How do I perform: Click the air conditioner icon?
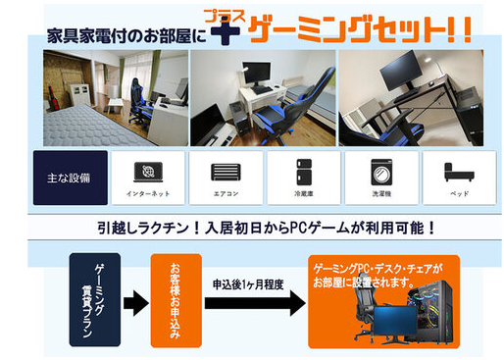[x=225, y=171]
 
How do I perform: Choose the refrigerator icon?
[x=303, y=171]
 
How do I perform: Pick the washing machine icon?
[x=379, y=171]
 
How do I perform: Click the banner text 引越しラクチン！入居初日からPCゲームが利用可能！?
[x=253, y=228]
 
